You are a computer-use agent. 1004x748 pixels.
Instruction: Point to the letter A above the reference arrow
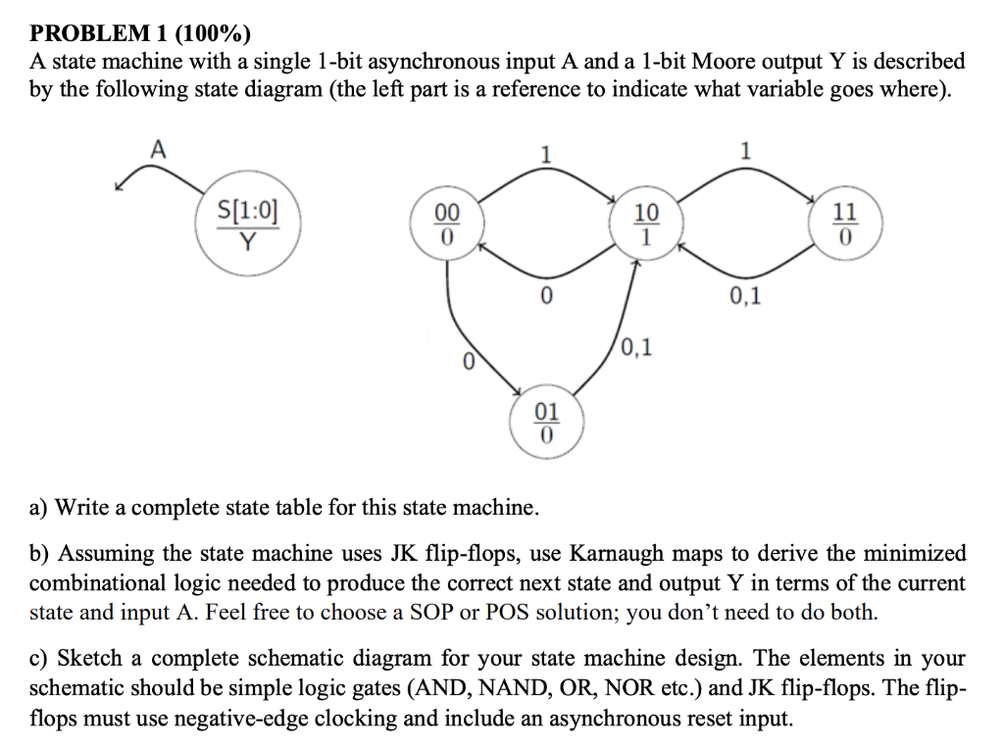[x=156, y=149]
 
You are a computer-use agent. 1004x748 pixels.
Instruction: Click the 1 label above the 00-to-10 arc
[x=546, y=155]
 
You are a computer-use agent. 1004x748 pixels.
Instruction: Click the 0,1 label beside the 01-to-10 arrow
[x=637, y=345]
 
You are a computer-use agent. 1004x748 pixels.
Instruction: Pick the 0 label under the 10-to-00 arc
[x=546, y=295]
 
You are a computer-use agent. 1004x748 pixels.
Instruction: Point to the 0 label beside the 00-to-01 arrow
[x=468, y=362]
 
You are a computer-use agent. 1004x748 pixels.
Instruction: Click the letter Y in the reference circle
[x=248, y=240]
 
